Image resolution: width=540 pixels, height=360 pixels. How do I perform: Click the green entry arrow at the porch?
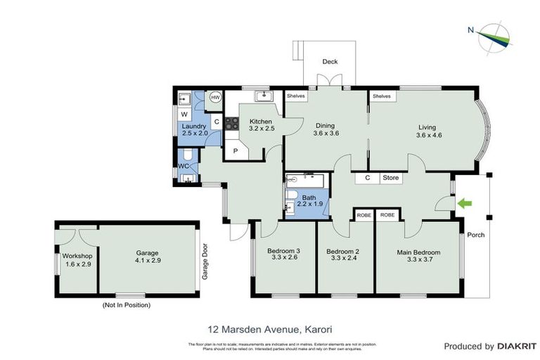464,203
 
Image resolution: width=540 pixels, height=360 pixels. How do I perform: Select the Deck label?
330,62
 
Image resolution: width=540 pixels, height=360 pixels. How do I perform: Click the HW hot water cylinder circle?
215,98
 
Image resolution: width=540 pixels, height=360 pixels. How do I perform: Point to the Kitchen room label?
260,122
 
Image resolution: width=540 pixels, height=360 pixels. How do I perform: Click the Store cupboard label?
390,178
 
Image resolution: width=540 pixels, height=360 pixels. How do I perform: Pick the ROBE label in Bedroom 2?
364,214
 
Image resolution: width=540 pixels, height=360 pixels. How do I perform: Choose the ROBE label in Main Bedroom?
387,214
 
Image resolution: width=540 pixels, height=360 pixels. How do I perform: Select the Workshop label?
77,256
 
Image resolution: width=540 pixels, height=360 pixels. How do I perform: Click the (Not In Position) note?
127,305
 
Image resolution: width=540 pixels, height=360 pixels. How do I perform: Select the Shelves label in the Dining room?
295,96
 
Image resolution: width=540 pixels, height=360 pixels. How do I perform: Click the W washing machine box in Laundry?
184,114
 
